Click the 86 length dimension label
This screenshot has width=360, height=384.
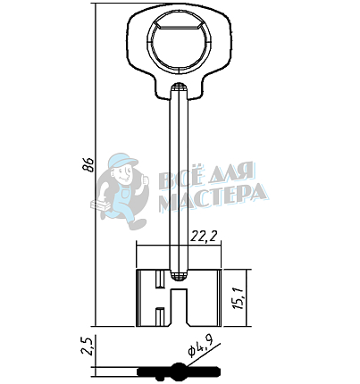[x=88, y=164]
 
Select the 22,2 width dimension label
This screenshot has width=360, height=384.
[x=204, y=237]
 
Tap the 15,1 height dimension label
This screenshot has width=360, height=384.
[x=239, y=298]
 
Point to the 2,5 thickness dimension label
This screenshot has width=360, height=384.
[x=88, y=345]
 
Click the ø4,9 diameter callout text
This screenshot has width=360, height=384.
[x=200, y=347]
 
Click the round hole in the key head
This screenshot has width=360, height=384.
[x=179, y=41]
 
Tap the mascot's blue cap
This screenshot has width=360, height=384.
[x=122, y=161]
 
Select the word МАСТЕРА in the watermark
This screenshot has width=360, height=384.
[x=213, y=196]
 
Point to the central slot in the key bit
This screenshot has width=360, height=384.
[x=179, y=306]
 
